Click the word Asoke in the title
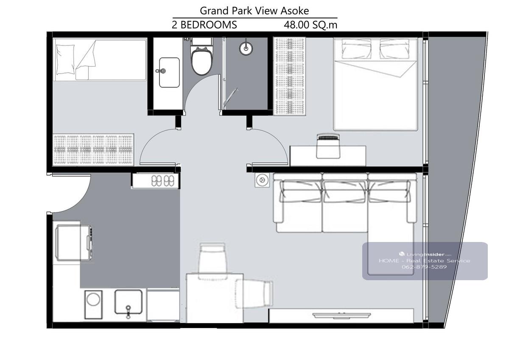coord(295,11)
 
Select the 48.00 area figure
coord(296,25)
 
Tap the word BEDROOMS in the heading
coord(209,25)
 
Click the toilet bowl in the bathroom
coord(201,61)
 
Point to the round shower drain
coord(246,48)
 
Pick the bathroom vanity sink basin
coord(169,73)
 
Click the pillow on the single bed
coord(65,59)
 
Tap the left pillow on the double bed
coord(356,49)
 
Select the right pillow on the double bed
coord(394,49)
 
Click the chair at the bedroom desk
coord(328,146)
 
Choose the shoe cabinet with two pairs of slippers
coord(156,181)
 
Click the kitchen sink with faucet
coord(129,302)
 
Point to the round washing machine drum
coord(93,299)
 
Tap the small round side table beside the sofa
coord(262,180)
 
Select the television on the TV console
coord(341,315)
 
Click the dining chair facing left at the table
coord(254,294)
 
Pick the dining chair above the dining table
coord(213,261)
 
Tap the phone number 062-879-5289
coord(424,267)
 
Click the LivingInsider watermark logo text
coord(425,254)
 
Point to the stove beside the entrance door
coord(73,243)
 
